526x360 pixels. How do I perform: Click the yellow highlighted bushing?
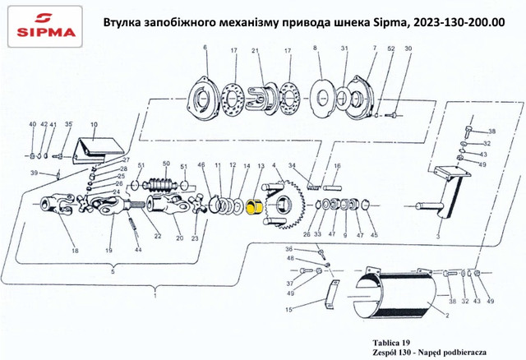tap(256, 206)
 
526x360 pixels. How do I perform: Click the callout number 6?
tap(205, 49)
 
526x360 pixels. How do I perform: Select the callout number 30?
tap(407, 49)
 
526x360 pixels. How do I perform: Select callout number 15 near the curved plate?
tap(288, 309)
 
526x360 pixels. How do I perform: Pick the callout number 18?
tap(75, 250)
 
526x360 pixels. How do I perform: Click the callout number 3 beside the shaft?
tap(437, 234)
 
